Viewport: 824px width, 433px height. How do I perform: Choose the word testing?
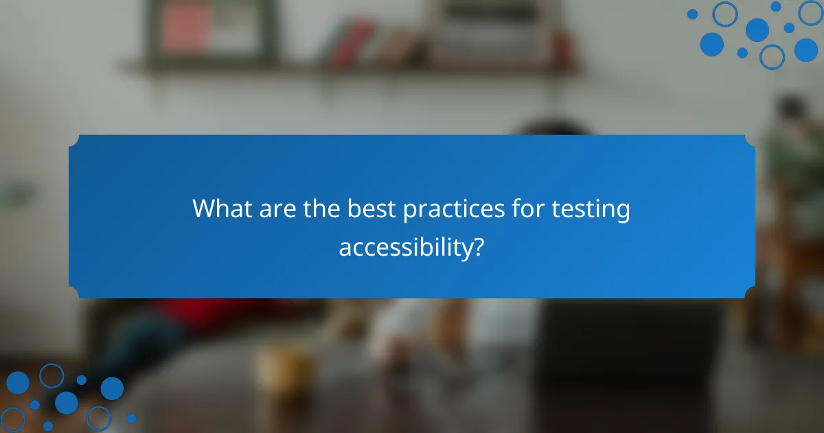[591, 210]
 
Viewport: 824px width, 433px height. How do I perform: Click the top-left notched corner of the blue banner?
[74, 140]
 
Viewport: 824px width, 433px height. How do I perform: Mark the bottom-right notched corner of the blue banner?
[750, 293]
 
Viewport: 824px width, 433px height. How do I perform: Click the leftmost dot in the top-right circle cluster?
[692, 14]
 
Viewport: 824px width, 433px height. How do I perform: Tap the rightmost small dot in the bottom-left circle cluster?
[131, 418]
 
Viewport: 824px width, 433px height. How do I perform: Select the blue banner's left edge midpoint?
[69, 216]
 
